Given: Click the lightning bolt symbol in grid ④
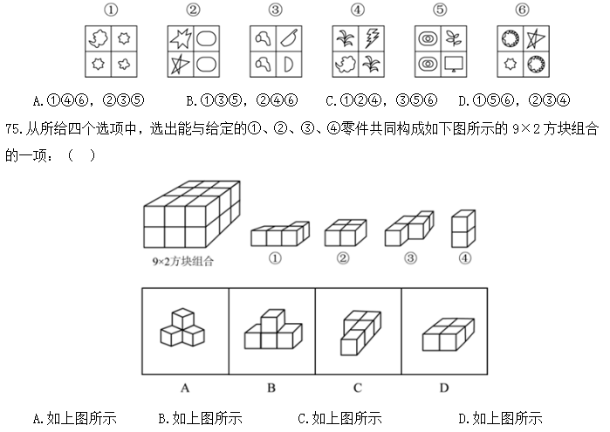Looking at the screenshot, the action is [372, 38].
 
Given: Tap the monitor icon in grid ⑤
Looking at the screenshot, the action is [454, 65].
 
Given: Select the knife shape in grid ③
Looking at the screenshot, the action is [289, 38].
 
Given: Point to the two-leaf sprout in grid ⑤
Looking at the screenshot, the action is [454, 38].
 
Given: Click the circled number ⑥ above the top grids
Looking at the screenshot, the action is [523, 10].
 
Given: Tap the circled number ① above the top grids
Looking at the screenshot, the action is [111, 10].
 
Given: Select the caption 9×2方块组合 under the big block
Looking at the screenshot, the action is [183, 261].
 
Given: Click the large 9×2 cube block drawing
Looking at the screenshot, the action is [192, 214].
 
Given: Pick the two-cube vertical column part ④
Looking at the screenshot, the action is [463, 229].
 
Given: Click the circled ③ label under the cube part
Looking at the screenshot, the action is [410, 258].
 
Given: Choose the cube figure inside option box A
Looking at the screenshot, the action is [182, 327].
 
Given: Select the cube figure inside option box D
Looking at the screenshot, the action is [449, 334].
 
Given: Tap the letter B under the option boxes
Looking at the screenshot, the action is [271, 387].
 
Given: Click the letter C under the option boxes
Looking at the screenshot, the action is [358, 387].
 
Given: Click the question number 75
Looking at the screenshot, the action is [14, 128].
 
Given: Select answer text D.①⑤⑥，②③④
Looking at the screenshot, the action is [514, 101].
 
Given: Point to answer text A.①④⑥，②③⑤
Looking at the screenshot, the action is [89, 101].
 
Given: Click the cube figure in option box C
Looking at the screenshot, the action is [360, 333].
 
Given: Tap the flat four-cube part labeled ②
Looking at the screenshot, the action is [346, 233].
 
